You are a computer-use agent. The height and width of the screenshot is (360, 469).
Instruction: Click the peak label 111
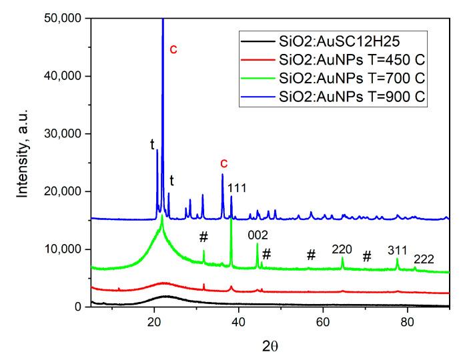(238, 189)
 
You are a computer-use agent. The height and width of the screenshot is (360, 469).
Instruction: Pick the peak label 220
(342, 249)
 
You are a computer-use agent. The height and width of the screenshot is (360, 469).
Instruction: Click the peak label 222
(423, 259)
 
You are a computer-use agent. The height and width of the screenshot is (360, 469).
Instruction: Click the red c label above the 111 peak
(223, 163)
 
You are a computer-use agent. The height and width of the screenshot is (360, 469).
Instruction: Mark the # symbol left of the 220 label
(310, 255)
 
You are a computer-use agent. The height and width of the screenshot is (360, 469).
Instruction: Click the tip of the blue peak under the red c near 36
(223, 175)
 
